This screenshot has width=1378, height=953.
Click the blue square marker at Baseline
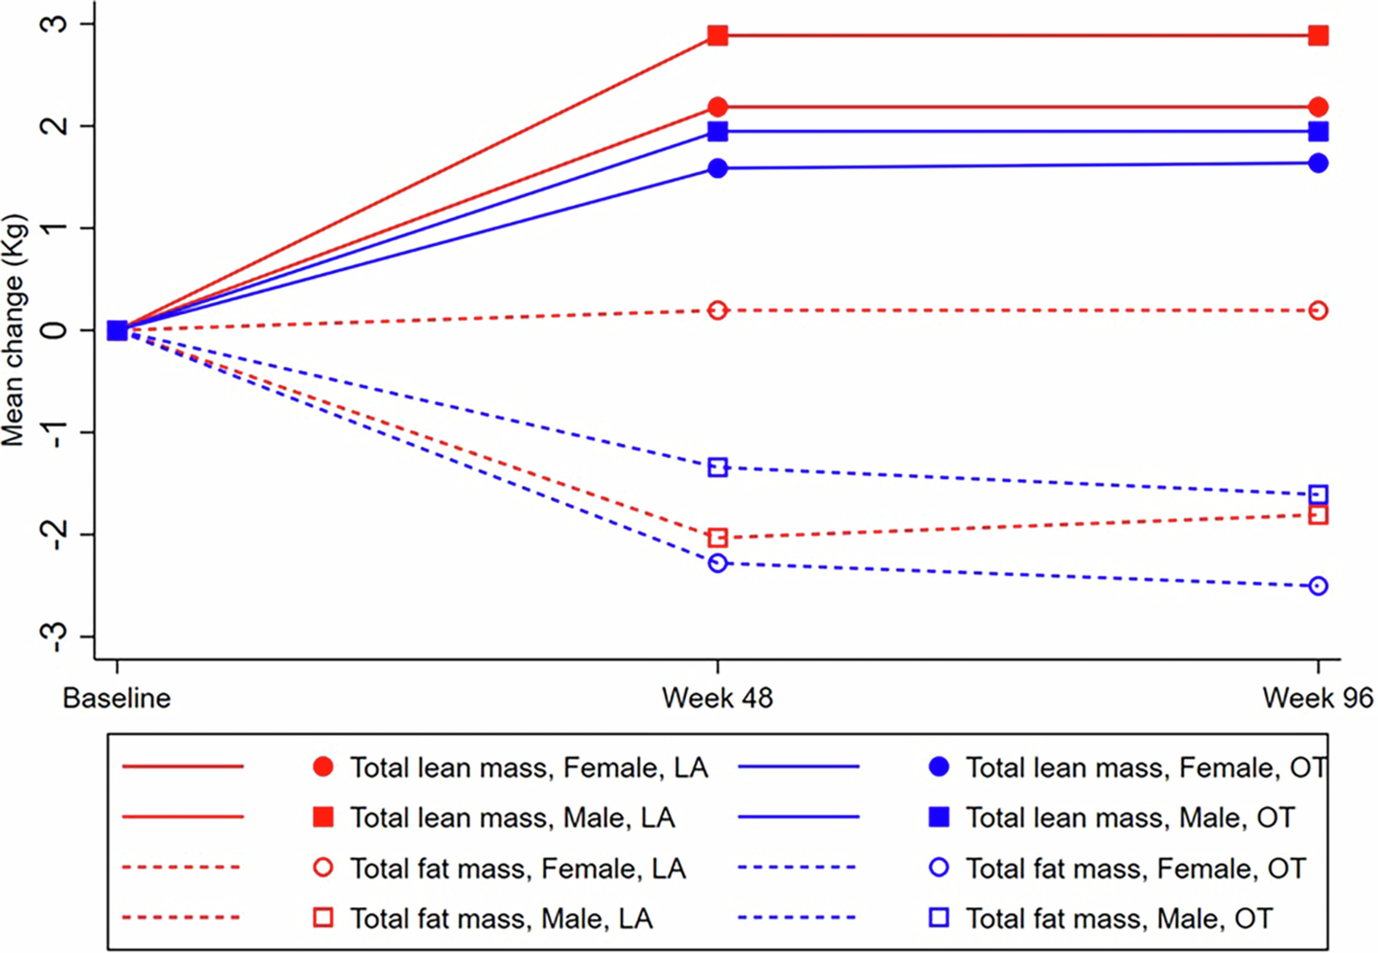click(117, 330)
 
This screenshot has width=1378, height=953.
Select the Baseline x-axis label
click(117, 698)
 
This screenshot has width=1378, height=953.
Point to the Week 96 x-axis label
click(1318, 698)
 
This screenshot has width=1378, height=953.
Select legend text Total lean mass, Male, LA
click(513, 818)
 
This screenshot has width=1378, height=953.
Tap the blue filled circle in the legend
click(939, 767)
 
